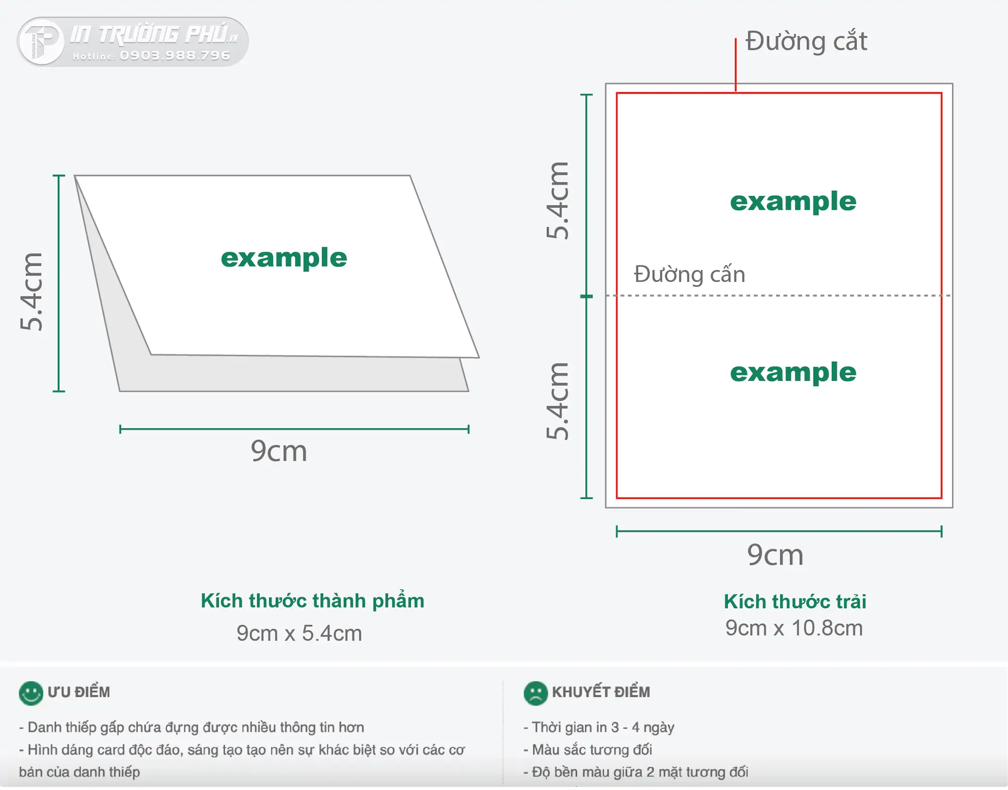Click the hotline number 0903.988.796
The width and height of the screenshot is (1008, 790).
click(x=175, y=55)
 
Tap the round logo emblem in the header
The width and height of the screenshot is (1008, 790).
click(x=42, y=42)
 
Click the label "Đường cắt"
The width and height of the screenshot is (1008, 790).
click(x=806, y=41)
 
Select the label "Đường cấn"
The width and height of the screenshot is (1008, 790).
click(x=689, y=274)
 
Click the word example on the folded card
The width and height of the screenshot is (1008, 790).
click(x=284, y=258)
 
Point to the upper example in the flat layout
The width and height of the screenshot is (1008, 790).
click(x=793, y=201)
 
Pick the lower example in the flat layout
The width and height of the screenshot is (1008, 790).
click(x=793, y=373)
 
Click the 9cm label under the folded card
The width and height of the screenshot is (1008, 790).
click(x=279, y=451)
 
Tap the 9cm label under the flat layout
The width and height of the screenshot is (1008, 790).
click(x=775, y=555)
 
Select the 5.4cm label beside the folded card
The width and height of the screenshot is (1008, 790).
click(x=31, y=292)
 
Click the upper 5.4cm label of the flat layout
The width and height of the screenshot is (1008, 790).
click(x=557, y=200)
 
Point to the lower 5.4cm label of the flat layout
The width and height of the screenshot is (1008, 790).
click(x=557, y=401)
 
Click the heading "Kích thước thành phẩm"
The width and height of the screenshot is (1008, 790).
click(x=312, y=601)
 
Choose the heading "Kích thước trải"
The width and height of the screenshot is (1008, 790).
click(x=795, y=601)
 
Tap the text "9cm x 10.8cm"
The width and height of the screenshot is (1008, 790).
click(x=794, y=628)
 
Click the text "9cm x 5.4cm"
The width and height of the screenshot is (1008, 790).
click(x=299, y=633)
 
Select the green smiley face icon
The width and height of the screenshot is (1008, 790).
click(x=31, y=693)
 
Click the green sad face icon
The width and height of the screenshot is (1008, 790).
click(x=536, y=693)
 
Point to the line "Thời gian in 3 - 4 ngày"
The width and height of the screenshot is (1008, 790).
click(x=599, y=728)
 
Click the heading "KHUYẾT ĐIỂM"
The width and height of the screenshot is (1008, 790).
click(x=601, y=692)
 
